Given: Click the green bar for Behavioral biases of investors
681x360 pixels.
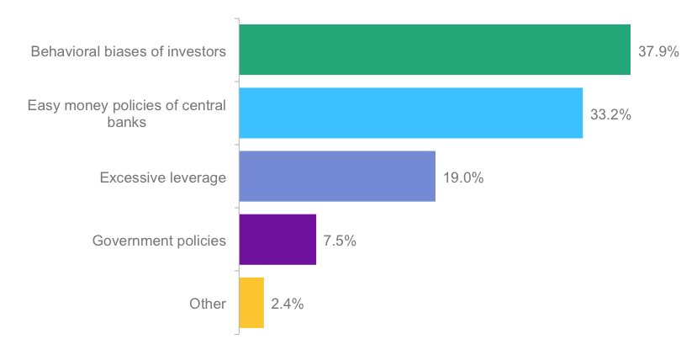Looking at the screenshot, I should [x=435, y=50].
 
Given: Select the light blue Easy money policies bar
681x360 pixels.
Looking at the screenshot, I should [x=410, y=113].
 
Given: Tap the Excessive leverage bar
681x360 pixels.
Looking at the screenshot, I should [x=337, y=177].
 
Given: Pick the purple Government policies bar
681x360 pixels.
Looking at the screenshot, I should [x=277, y=240].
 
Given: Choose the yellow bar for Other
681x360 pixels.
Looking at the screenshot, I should [x=251, y=303].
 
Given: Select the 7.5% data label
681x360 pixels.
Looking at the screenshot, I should [x=340, y=241].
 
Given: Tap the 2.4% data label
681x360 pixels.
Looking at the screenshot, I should [x=288, y=304].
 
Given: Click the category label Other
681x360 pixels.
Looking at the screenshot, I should [x=208, y=304].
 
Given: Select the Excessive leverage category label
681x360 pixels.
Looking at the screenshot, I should [x=163, y=177].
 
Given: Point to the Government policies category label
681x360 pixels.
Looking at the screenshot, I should [x=159, y=241].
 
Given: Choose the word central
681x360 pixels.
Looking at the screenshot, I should [x=204, y=106].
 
